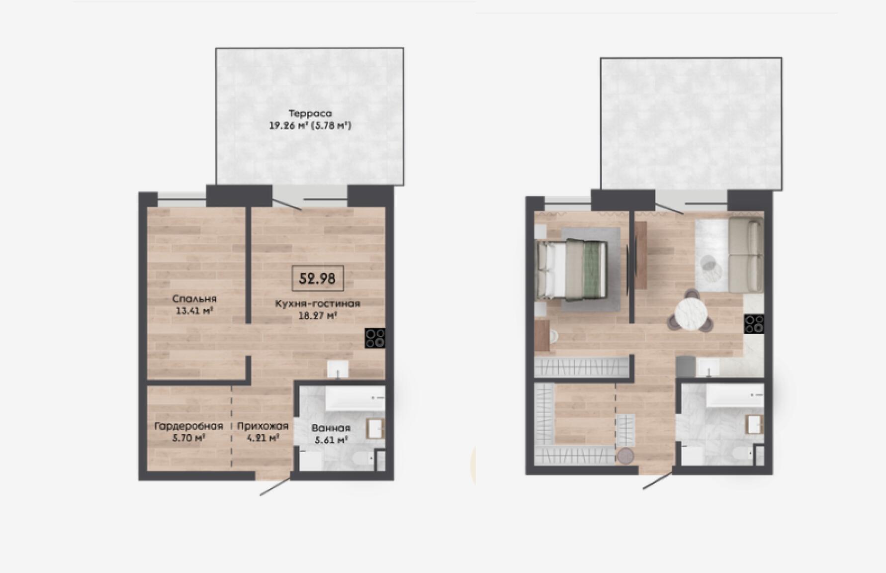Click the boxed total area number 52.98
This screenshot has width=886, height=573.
point(317,279)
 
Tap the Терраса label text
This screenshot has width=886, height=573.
point(310,113)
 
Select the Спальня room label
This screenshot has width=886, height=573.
point(194,299)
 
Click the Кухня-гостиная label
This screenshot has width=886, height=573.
point(318,303)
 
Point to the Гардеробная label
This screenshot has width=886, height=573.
point(188,426)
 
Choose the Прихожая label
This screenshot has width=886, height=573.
point(263,426)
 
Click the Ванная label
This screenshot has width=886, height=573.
point(331,428)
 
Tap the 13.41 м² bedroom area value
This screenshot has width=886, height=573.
point(194,311)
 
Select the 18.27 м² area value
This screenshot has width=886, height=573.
point(318,315)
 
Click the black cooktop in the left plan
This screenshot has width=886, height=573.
point(375,338)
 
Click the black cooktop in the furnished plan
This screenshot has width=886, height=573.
point(754,324)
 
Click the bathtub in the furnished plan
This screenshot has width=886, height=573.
point(735,395)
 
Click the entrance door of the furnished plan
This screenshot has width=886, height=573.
point(659,480)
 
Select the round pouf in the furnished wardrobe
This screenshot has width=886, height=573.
point(626,456)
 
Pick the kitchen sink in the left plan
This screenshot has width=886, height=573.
point(339,370)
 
